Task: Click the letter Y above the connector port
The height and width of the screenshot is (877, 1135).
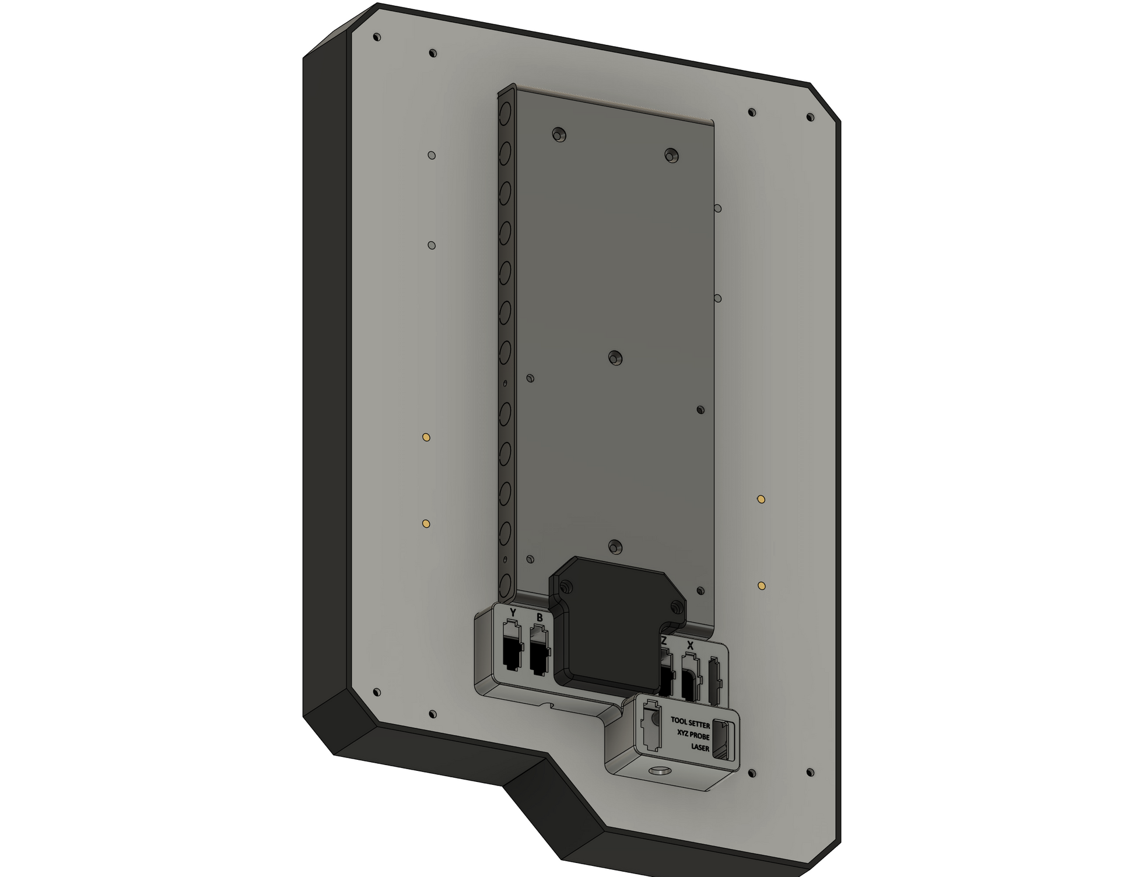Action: (513, 612)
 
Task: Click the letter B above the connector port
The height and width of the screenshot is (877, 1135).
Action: (540, 618)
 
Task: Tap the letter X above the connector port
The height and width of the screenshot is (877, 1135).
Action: (691, 646)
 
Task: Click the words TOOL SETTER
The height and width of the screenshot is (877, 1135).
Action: (690, 724)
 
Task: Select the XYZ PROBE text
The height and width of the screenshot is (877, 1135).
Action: (693, 736)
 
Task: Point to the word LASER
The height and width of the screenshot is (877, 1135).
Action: (700, 747)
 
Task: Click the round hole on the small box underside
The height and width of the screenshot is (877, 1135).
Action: (661, 771)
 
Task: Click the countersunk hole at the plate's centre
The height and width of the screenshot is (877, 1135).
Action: (614, 357)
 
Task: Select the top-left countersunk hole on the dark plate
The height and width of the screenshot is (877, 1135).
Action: (559, 135)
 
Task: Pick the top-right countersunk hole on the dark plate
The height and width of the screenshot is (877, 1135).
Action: (671, 155)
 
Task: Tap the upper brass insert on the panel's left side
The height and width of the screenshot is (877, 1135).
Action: (426, 437)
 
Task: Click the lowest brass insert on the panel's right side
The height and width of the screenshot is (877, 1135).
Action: (761, 585)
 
